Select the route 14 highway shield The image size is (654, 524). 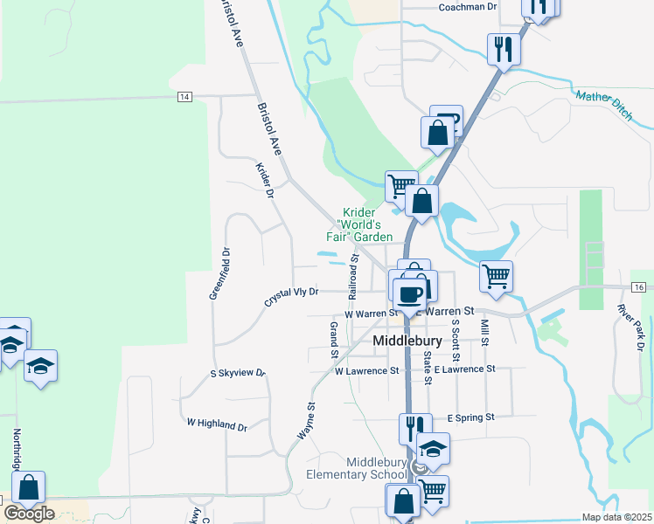(184, 96)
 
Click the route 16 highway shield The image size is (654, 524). (639, 287)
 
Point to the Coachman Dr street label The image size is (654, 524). (467, 7)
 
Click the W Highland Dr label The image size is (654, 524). (217, 424)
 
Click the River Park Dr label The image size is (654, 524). (630, 327)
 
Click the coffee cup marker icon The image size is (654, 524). (409, 293)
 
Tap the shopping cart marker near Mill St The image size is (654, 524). (496, 276)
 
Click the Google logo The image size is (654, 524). (29, 513)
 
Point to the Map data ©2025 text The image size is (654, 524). (616, 517)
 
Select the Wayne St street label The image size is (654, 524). (305, 420)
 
